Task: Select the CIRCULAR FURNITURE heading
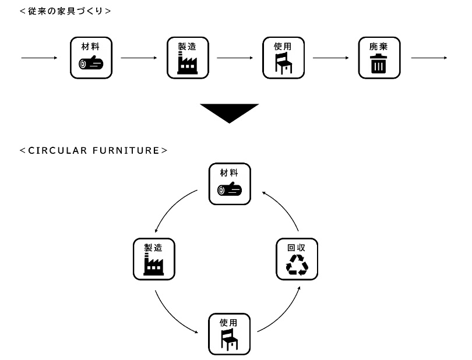93,150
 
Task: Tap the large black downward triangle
229,113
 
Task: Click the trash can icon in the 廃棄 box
379,63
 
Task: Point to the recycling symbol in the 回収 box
297,264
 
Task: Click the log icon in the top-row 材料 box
91,63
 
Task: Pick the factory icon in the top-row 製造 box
187,62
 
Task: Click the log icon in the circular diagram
230,189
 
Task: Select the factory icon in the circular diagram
154,264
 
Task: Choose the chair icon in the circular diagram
230,340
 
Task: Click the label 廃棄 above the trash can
379,46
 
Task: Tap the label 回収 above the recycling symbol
297,247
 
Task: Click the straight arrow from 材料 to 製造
139,58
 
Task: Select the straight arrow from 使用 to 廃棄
331,58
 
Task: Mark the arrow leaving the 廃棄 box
428,58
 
